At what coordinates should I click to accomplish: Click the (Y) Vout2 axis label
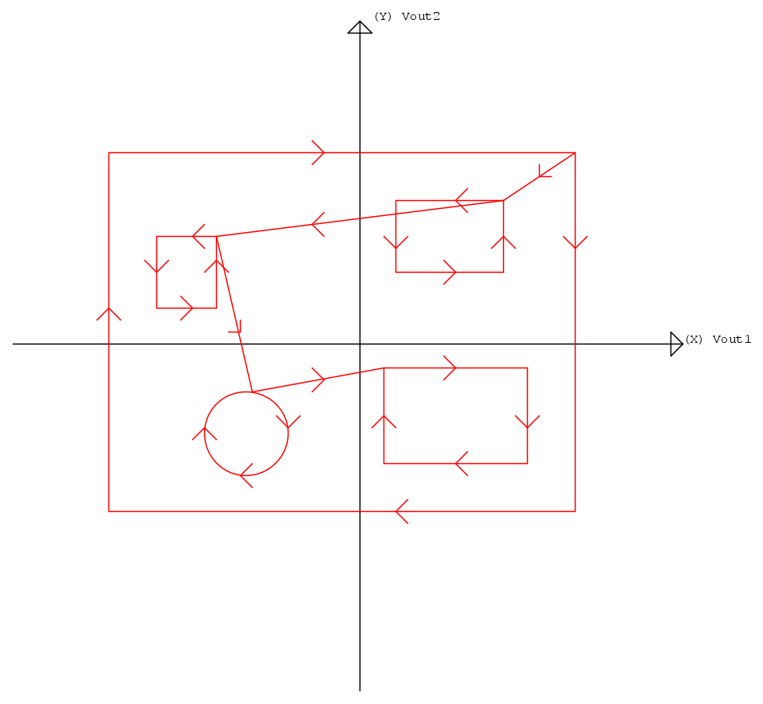pyautogui.click(x=407, y=17)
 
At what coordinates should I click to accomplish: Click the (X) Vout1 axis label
pyautogui.click(x=718, y=339)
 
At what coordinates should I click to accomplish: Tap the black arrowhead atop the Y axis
pyautogui.click(x=360, y=27)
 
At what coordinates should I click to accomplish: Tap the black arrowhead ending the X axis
pyautogui.click(x=677, y=344)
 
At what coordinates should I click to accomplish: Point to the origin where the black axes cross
pyautogui.click(x=360, y=344)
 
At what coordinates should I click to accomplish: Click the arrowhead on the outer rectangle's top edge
pyautogui.click(x=318, y=153)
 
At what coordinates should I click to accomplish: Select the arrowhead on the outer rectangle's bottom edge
pyautogui.click(x=402, y=511)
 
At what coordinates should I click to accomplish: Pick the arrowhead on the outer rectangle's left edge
pyautogui.click(x=109, y=314)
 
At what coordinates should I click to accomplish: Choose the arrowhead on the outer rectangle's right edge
pyautogui.click(x=575, y=242)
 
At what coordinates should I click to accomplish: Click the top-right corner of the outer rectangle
pyautogui.click(x=575, y=153)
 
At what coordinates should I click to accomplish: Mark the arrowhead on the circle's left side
pyautogui.click(x=204, y=434)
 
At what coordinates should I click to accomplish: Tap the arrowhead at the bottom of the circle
pyautogui.click(x=246, y=475)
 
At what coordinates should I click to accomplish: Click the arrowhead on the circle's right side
pyautogui.click(x=288, y=422)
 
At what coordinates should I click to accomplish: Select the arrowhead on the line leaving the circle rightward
pyautogui.click(x=318, y=380)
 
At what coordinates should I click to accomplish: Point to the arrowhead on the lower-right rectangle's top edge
pyautogui.click(x=450, y=368)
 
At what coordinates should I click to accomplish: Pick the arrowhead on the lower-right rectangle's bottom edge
pyautogui.click(x=462, y=463)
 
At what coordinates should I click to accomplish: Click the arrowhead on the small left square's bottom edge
pyautogui.click(x=187, y=308)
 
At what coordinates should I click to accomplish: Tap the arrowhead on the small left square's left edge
pyautogui.click(x=157, y=266)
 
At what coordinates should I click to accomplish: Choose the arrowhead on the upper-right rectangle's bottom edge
pyautogui.click(x=450, y=272)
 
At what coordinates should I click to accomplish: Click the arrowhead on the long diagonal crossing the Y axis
pyautogui.click(x=318, y=224)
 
